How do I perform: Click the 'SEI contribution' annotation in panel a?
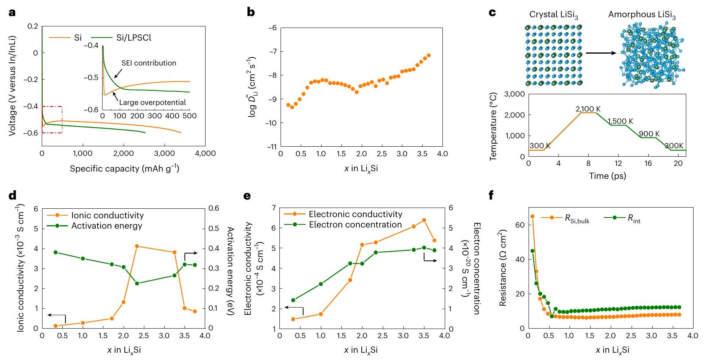149,63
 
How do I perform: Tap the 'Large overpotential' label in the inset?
152,103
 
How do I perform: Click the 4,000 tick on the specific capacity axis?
206,154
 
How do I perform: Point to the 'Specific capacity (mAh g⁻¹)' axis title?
124,169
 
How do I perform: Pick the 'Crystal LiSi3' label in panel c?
553,15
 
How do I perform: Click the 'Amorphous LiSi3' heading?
642,15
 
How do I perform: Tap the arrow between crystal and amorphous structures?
601,53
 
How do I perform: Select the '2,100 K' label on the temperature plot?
588,109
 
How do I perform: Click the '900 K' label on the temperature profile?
649,134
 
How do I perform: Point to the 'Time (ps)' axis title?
607,176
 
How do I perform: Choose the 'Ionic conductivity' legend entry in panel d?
107,216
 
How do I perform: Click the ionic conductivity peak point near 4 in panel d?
137,246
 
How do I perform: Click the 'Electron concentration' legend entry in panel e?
355,225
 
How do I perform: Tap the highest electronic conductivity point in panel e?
424,220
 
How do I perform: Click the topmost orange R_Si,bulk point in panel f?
532,216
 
